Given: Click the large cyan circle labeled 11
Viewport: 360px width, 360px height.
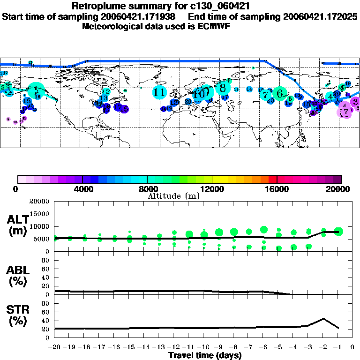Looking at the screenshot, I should tap(160, 92).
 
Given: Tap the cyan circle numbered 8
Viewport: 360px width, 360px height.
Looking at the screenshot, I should tap(223, 87).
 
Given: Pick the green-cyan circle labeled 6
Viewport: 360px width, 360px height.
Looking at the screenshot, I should tap(280, 93).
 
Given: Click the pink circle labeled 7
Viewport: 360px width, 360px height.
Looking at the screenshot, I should tap(345, 112).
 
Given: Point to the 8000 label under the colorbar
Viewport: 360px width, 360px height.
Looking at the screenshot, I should tap(148, 189).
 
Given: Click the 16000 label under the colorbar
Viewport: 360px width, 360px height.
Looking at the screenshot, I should tap(277, 189).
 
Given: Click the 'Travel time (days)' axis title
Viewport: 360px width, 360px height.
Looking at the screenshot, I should tap(205, 356).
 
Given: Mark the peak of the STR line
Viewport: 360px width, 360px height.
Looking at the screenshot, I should tap(323, 319).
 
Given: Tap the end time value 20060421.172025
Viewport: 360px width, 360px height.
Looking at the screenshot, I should tap(321, 16).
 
